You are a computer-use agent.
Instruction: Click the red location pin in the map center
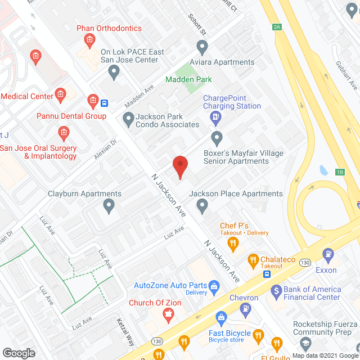[179, 167]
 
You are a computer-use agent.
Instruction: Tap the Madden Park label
[188, 79]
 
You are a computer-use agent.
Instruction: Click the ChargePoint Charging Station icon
[215, 118]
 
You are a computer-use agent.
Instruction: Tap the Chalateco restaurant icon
[253, 261]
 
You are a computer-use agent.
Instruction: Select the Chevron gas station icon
[245, 308]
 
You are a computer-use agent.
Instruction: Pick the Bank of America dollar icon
[276, 291]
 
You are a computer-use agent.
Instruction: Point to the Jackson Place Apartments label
[236, 193]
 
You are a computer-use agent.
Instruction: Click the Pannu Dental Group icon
[93, 101]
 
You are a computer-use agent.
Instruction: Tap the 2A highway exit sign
[276, 26]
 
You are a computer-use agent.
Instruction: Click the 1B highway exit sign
[340, 172]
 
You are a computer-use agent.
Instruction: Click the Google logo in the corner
[19, 353]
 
